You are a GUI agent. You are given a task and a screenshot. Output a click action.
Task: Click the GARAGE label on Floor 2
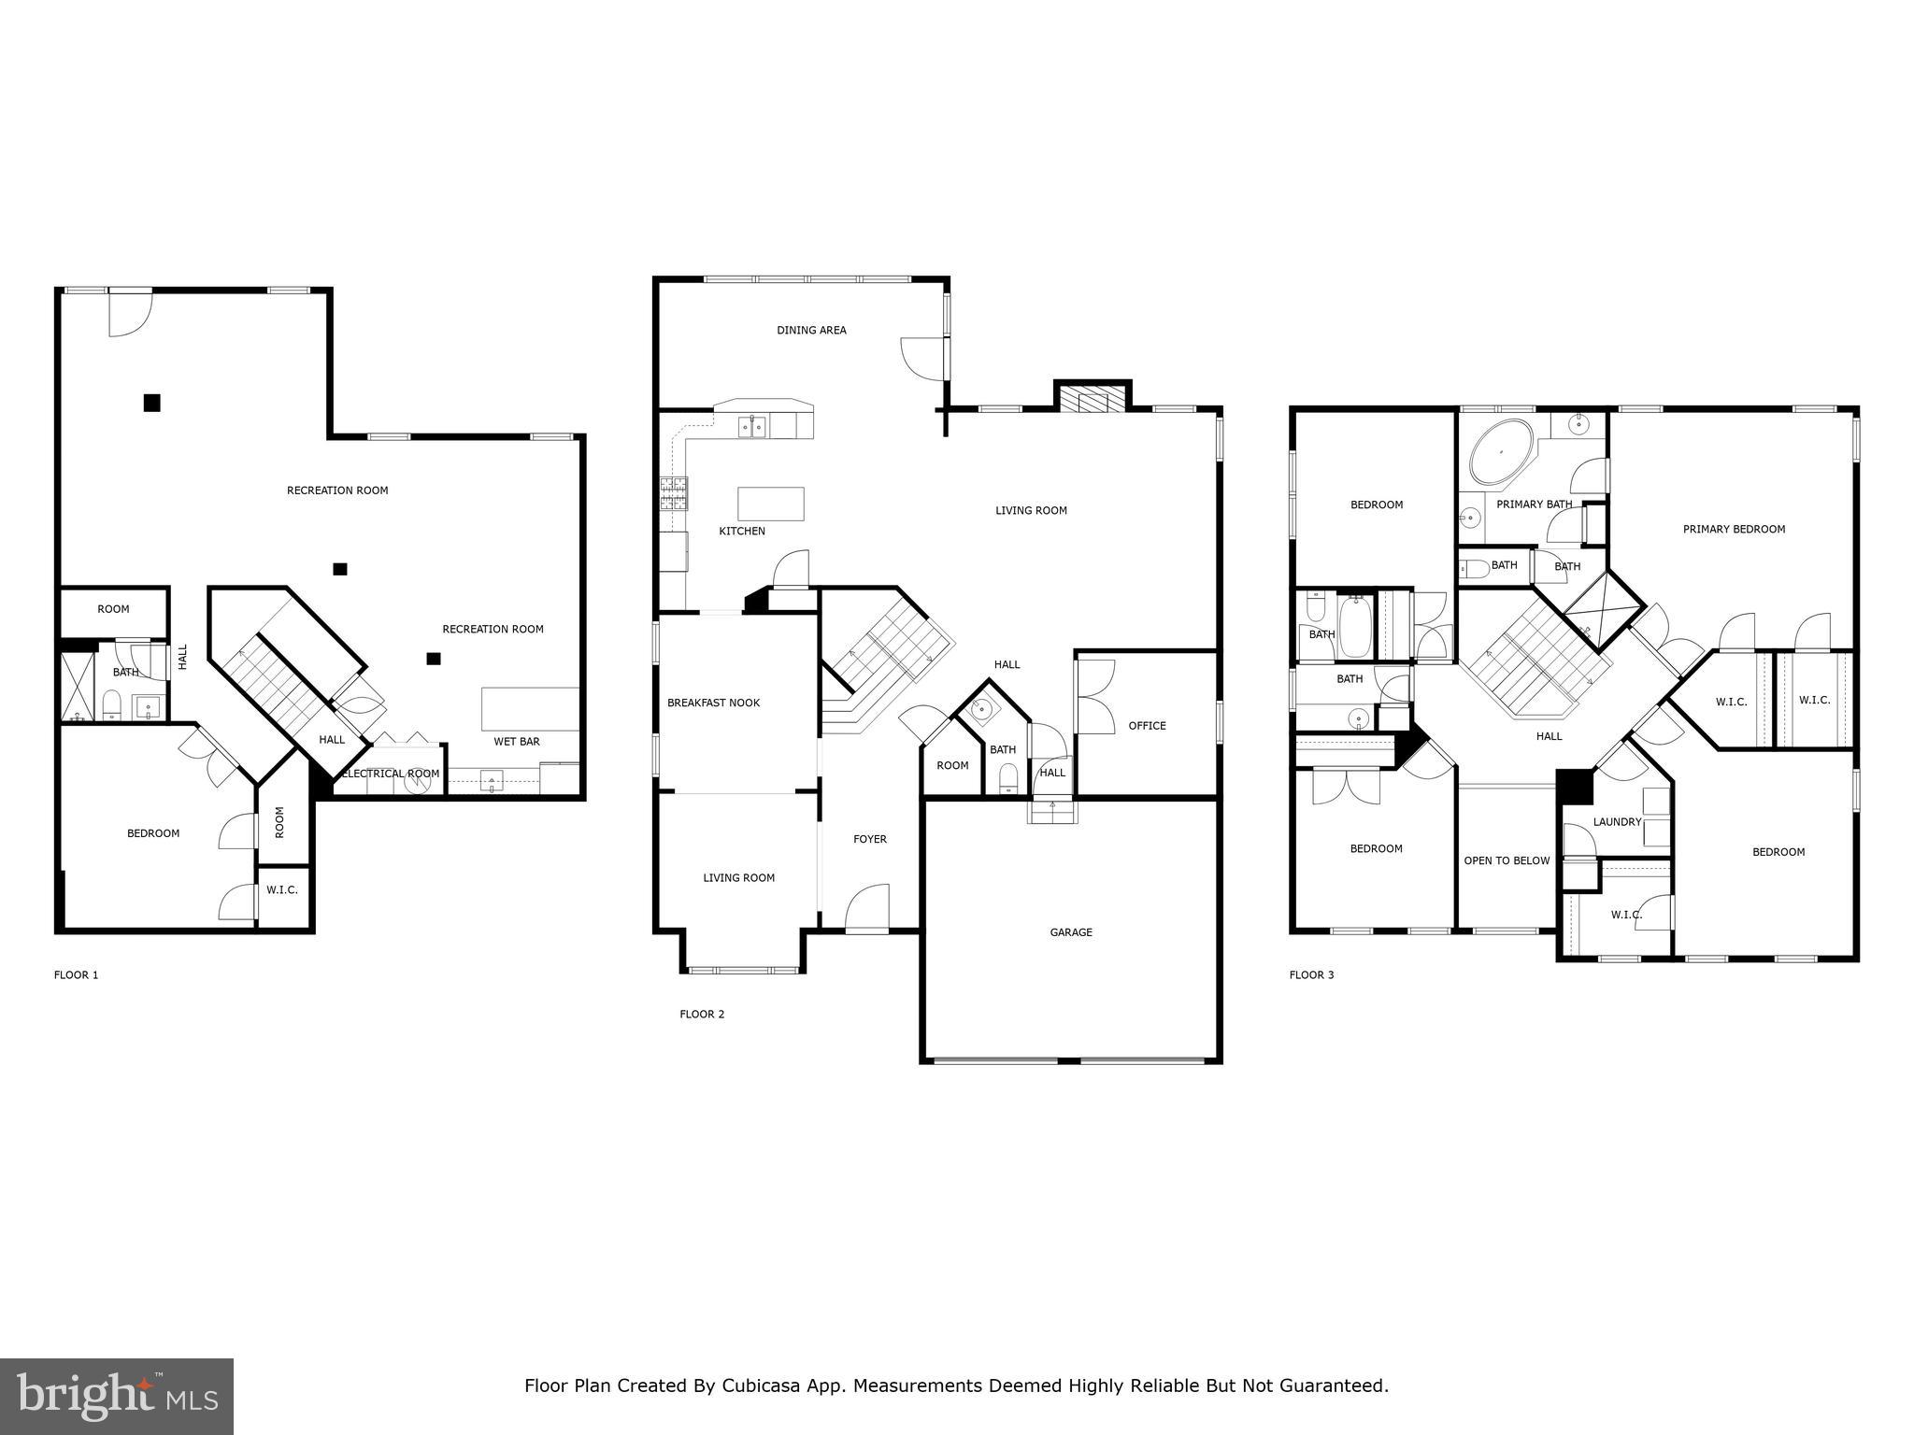1070,932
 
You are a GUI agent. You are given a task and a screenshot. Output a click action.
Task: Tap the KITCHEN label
741,532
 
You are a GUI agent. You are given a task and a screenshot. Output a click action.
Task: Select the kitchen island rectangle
770,504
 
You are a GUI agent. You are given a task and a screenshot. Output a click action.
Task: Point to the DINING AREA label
811,330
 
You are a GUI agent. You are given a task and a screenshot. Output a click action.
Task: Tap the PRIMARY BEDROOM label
1734,529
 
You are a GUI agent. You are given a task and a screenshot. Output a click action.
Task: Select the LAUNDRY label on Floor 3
1617,822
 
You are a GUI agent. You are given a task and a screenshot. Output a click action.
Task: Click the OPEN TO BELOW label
1507,860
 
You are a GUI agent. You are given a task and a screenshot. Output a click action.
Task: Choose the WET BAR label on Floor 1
517,742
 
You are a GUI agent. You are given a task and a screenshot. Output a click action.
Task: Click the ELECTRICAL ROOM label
391,774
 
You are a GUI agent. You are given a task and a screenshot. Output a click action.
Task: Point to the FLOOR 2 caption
702,1014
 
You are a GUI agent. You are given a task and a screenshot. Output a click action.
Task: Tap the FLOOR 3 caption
1311,974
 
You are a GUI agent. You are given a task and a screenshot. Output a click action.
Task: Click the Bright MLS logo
117,1397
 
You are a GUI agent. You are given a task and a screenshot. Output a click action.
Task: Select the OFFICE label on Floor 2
1147,726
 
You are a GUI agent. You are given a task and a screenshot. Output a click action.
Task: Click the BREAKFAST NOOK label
713,703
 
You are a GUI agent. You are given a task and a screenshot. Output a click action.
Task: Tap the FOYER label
869,839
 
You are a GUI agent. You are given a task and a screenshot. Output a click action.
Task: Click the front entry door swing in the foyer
869,906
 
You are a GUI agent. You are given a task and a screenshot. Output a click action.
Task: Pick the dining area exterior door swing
922,357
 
